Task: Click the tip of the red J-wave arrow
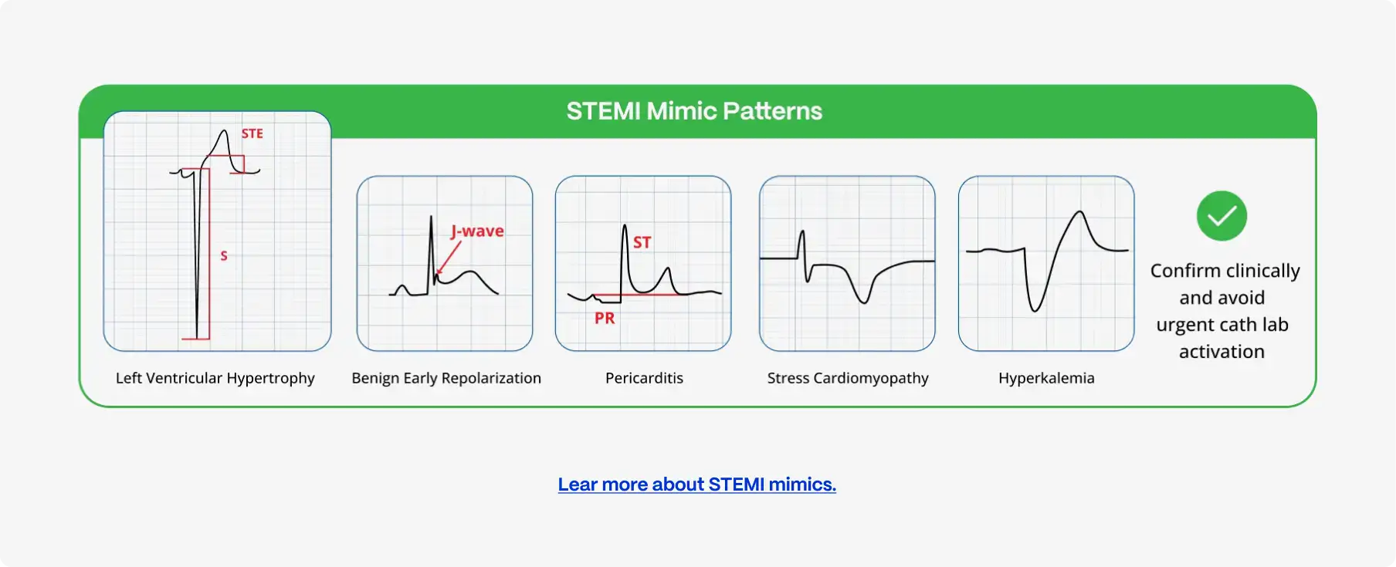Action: coord(437,274)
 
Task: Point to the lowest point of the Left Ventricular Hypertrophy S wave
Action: coord(197,338)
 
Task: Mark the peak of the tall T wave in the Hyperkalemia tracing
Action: coord(1080,212)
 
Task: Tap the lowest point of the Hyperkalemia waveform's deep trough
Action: coord(1035,311)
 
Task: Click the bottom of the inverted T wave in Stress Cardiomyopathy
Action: coord(863,302)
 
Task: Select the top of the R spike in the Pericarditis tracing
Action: coord(624,225)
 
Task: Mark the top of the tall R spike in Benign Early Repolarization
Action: coord(431,217)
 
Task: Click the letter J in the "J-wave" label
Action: coord(454,231)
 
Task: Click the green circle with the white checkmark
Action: coord(1221,216)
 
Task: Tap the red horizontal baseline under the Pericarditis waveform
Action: coord(636,295)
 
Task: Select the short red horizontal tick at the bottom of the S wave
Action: coord(195,339)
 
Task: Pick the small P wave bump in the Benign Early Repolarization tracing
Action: coord(401,289)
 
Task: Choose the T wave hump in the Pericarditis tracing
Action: coord(666,278)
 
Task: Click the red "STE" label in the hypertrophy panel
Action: coord(252,133)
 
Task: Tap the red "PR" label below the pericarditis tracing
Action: coord(605,318)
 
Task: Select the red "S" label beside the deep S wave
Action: coord(224,255)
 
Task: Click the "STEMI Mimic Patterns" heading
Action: coord(694,111)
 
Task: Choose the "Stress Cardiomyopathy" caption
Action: coord(848,378)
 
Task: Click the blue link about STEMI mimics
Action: coord(697,484)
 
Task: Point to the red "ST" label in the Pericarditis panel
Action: coord(642,242)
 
